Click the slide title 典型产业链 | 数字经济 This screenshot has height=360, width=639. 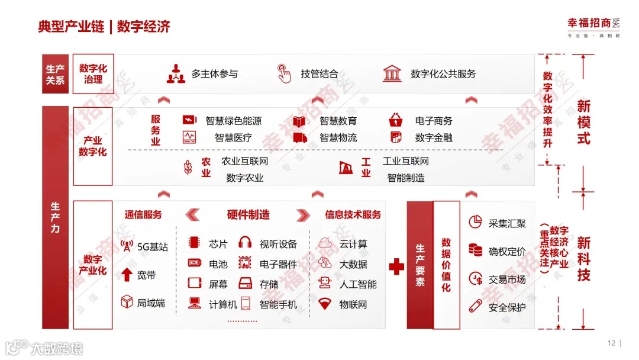tap(104, 27)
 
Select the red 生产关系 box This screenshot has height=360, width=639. tap(55, 74)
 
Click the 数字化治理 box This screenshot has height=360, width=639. tap(93, 74)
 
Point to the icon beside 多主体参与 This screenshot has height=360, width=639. tap(176, 73)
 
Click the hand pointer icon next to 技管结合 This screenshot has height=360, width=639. tap(285, 73)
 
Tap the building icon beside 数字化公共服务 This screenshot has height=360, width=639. tap(391, 73)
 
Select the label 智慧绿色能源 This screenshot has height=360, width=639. tap(233, 121)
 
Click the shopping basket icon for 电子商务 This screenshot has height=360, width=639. tap(396, 121)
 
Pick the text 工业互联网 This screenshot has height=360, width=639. tap(406, 161)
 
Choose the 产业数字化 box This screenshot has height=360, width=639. tap(93, 146)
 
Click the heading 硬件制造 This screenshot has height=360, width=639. tap(248, 214)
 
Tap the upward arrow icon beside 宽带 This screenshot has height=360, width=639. tap(127, 275)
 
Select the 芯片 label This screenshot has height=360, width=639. tap(218, 244)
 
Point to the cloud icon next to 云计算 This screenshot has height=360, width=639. tap(324, 243)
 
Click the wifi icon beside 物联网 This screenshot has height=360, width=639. tap(324, 304)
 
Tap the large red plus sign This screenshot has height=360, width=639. tap(396, 266)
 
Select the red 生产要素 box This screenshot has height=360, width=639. tap(419, 265)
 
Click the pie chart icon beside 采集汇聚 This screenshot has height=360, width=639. tap(475, 223)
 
